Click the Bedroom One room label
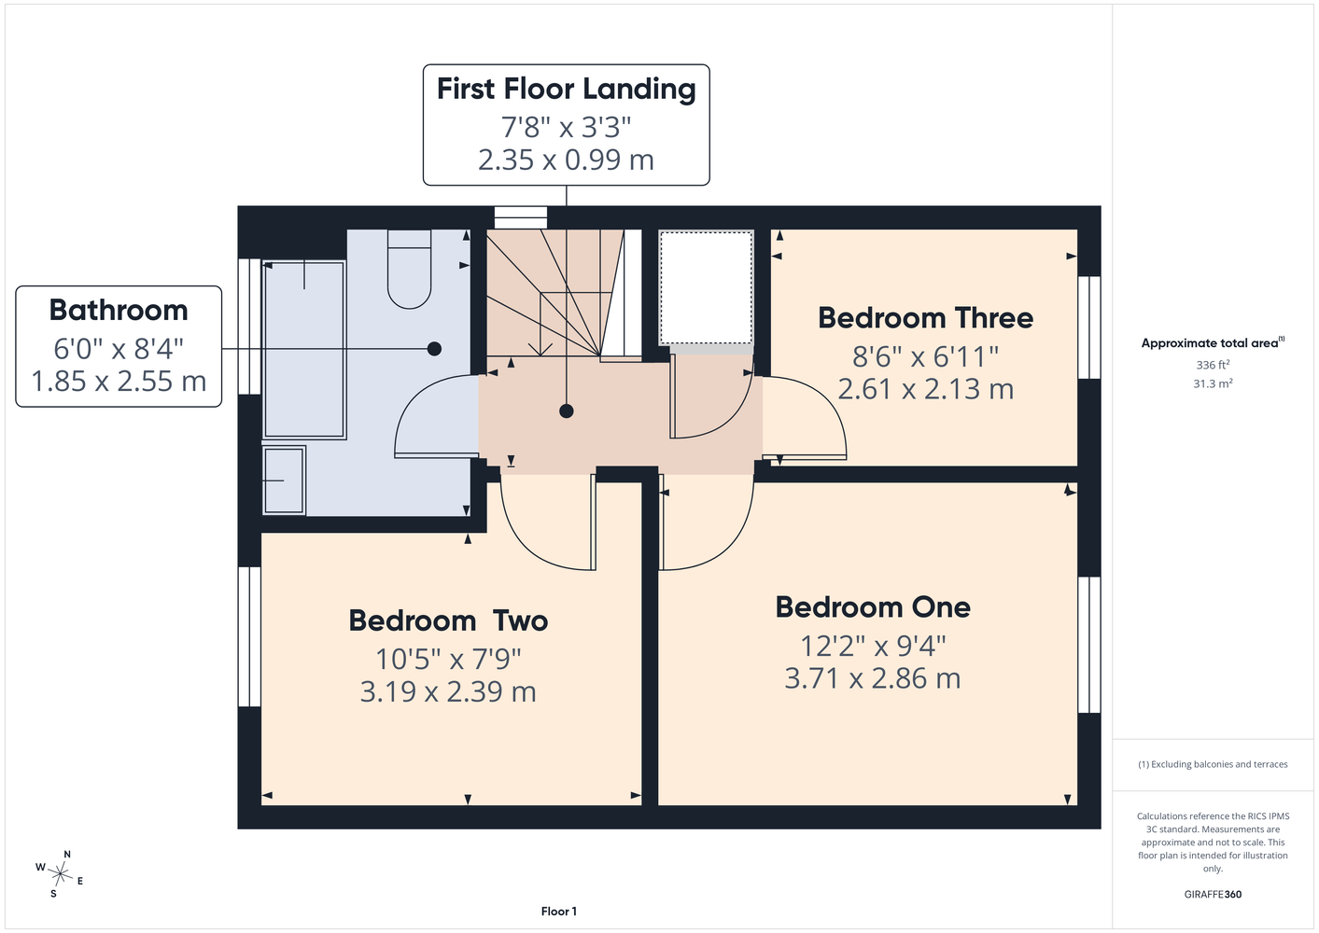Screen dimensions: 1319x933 [x=873, y=607]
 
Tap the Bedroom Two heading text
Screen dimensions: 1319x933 [x=448, y=620]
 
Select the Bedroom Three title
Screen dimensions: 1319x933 [x=925, y=318]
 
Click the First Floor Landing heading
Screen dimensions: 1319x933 [x=566, y=90]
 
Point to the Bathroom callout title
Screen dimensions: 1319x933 [x=119, y=310]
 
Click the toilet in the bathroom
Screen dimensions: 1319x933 [x=409, y=269]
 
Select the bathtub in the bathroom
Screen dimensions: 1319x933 [x=303, y=350]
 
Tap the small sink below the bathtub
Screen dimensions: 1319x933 [x=284, y=480]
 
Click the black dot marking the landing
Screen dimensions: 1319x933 [x=567, y=411]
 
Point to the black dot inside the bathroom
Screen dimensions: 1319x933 [x=435, y=349]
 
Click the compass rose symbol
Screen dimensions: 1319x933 [x=60, y=874]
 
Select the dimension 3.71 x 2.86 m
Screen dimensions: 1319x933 [x=873, y=678]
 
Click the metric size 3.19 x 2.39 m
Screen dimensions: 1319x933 [x=448, y=692]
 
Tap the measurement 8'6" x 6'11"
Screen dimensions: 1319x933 [x=925, y=356]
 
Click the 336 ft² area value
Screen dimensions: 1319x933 [x=1213, y=365]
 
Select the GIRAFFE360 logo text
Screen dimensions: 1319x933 [x=1213, y=894]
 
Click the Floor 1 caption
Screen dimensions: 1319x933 [x=559, y=912]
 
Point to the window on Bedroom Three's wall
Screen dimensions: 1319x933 [x=1089, y=327]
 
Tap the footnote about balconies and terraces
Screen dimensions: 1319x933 [x=1213, y=764]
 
